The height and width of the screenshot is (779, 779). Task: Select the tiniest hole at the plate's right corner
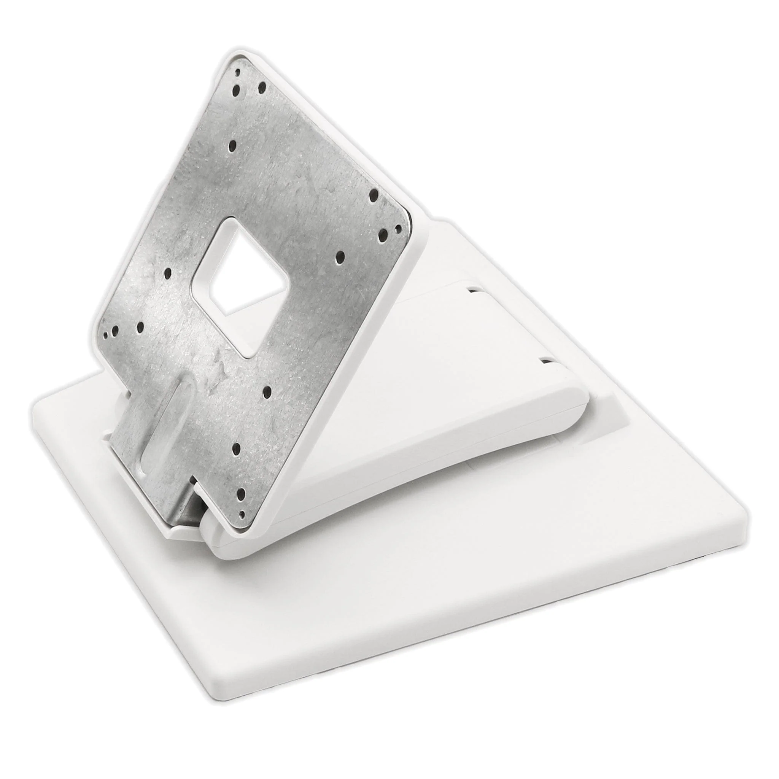[x=398, y=229]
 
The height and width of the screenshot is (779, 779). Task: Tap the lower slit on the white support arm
[x=545, y=360]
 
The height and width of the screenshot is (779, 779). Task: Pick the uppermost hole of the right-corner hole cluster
[x=373, y=194]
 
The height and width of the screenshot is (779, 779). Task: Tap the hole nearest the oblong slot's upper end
[x=141, y=327]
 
